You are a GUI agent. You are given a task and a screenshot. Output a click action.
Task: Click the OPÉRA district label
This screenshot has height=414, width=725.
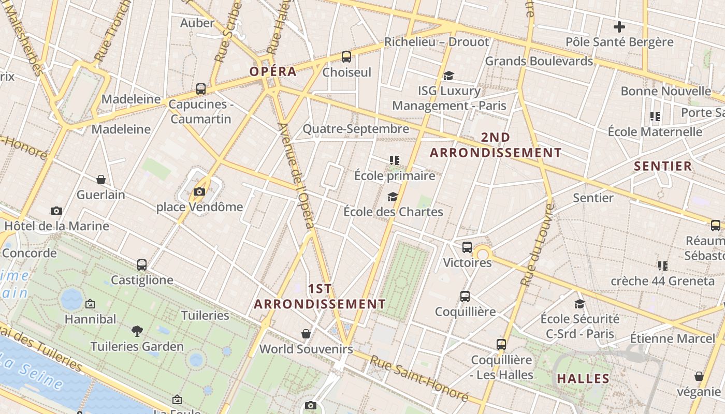pos(273,71)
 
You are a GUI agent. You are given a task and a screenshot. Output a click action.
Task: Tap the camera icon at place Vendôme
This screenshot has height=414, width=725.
pos(199,192)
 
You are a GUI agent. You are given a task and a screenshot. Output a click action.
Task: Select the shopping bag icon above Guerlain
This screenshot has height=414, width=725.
pos(101,180)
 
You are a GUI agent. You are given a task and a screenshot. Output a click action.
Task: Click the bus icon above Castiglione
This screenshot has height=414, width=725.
pos(142,265)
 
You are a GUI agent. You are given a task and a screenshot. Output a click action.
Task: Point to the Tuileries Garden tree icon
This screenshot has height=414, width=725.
pos(137,331)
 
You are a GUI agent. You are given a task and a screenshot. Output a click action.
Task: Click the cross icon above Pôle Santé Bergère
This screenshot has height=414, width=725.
pos(619,27)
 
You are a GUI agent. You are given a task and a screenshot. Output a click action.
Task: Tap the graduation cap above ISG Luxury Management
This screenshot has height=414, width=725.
pos(448,76)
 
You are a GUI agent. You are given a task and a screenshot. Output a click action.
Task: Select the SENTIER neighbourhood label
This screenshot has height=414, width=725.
pos(663,166)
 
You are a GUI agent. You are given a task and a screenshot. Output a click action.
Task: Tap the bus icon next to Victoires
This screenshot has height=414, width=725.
pos(467,247)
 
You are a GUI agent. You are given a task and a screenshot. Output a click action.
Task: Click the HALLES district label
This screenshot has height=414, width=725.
pos(583,379)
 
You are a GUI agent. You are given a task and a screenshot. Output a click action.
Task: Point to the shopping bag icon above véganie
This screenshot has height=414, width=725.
pos(699,376)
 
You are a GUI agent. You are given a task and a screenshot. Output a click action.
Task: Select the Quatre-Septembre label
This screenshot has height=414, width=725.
pos(356,128)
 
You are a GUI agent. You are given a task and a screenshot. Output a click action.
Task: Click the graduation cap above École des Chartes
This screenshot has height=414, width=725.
pos(393,197)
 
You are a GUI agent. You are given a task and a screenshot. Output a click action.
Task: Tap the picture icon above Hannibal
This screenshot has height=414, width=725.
pos(90,304)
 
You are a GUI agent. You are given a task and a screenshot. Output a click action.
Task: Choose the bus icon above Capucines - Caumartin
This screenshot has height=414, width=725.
pos(201,89)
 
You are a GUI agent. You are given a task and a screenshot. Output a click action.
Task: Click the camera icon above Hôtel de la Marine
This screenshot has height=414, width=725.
pos(56,211)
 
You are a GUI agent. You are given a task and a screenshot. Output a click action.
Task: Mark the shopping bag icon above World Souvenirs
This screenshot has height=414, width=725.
pos(306,334)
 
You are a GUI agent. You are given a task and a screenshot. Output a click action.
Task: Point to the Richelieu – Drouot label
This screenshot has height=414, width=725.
pos(437,42)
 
